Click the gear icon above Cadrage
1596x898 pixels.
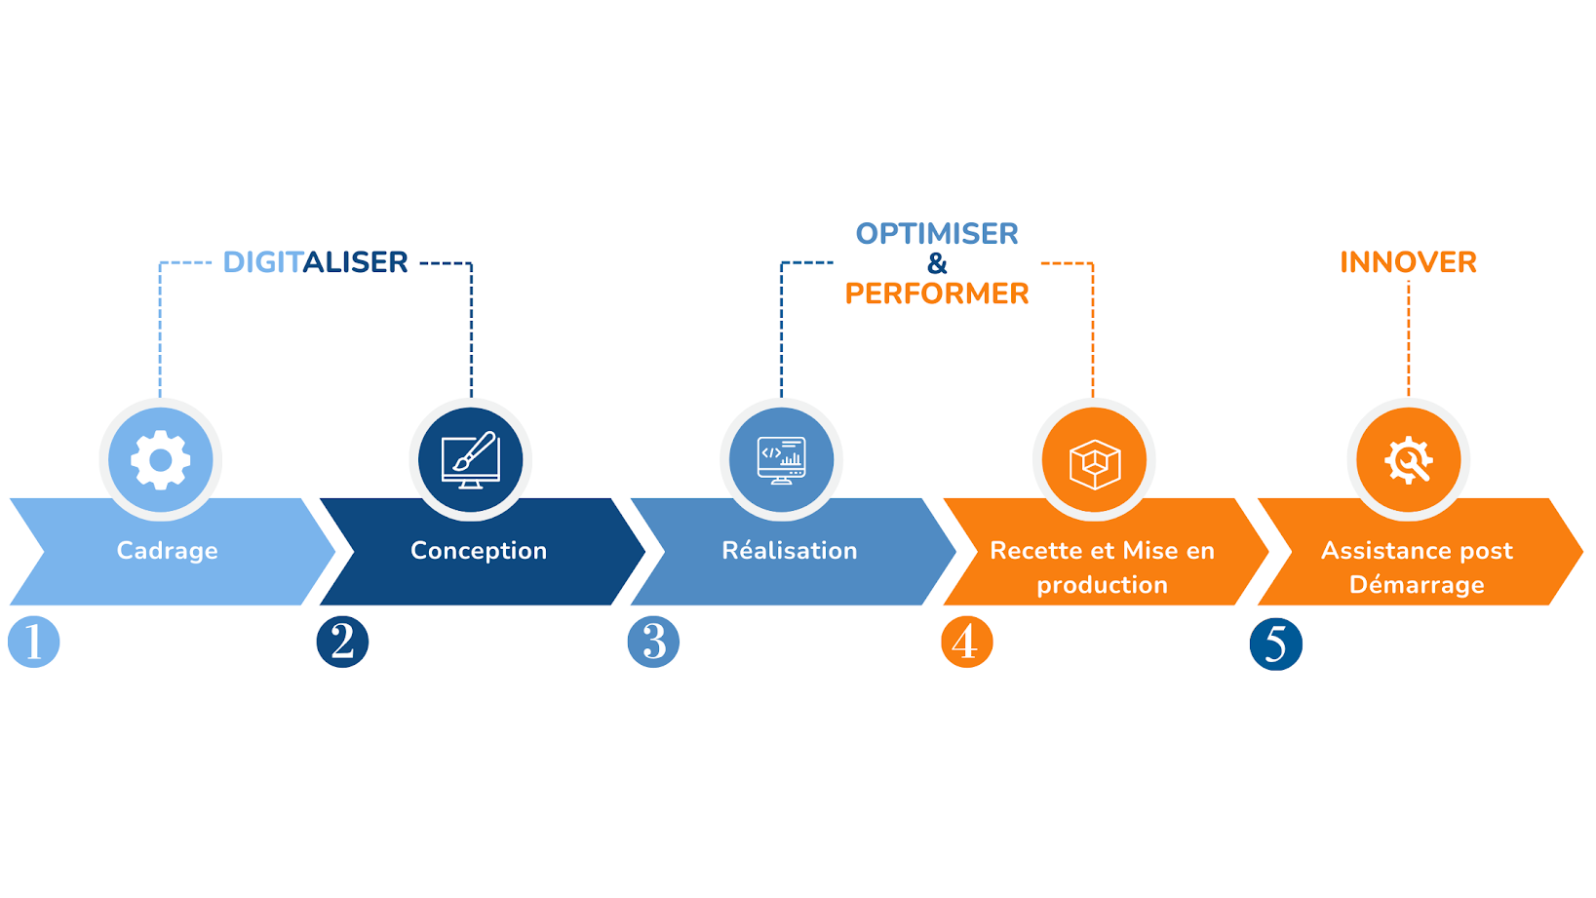coord(161,459)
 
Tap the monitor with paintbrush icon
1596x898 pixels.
coord(471,459)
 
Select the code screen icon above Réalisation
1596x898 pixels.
coord(781,459)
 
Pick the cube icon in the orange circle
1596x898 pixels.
coord(1094,461)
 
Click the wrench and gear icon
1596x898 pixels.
coord(1408,459)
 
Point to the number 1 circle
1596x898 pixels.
coord(34,642)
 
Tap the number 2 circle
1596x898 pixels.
coord(342,642)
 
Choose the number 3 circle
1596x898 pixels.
coord(653,642)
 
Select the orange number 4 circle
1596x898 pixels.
coord(966,642)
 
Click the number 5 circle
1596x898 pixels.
coord(1275,644)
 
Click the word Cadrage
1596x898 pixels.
coord(167,551)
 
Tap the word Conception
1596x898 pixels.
coord(479,551)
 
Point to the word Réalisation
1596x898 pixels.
coord(790,551)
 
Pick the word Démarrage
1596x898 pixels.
coord(1417,585)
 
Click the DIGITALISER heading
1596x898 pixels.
coord(315,262)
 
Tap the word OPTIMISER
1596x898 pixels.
coord(937,234)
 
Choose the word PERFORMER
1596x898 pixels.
coord(937,293)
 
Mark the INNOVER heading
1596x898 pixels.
coord(1408,262)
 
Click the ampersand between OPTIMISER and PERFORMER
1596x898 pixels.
coord(937,263)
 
